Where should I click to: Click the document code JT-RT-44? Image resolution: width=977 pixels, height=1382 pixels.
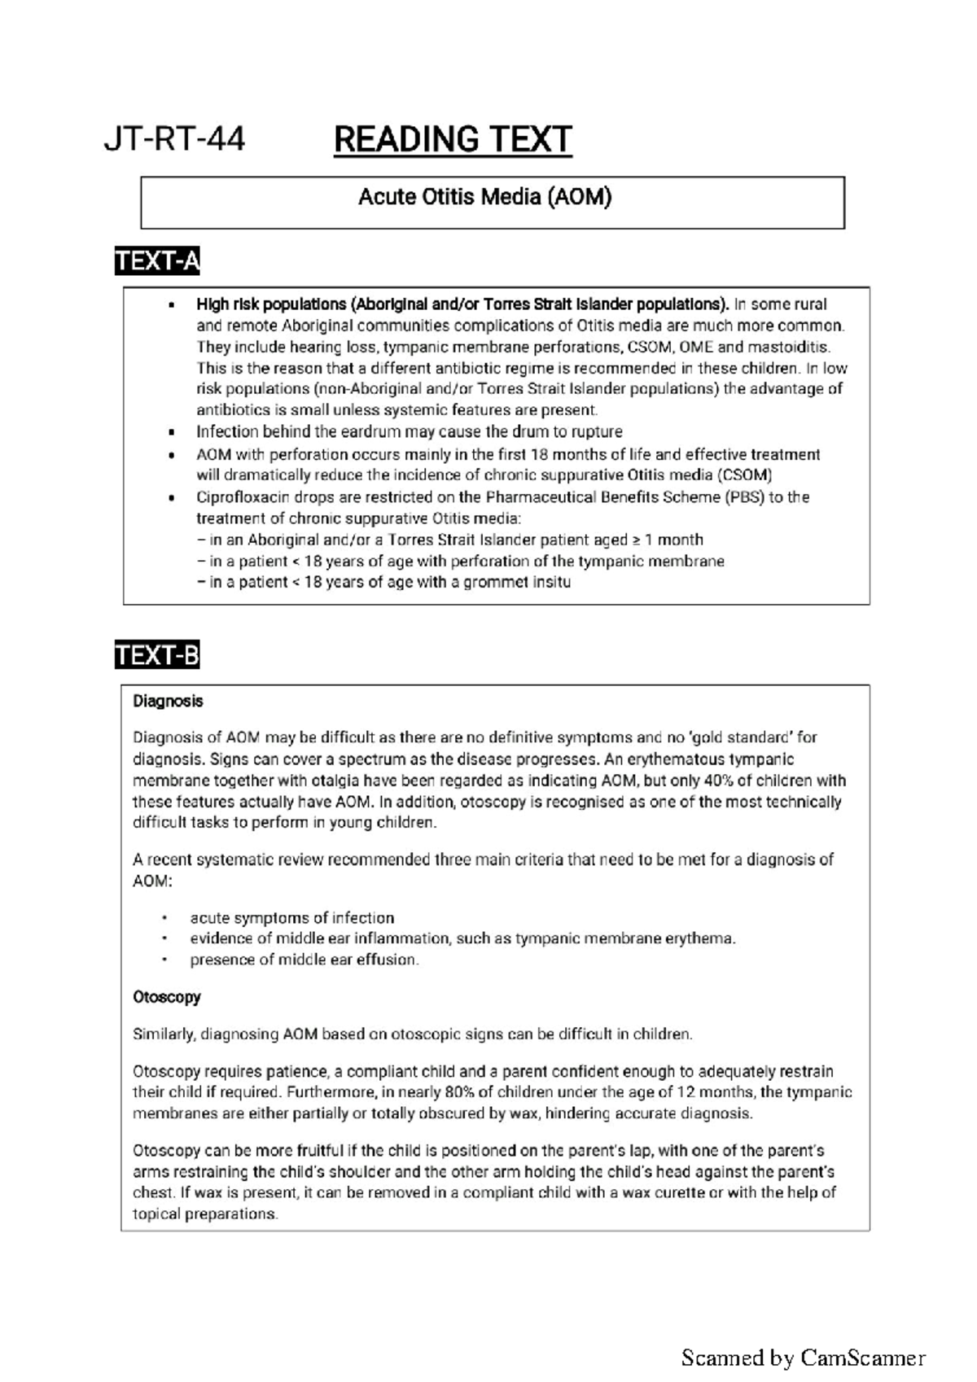[174, 140]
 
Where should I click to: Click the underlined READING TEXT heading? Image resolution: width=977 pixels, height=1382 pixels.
[453, 140]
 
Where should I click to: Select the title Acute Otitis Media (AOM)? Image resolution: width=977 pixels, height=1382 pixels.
[485, 197]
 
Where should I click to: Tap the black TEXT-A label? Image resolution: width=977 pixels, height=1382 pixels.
[157, 261]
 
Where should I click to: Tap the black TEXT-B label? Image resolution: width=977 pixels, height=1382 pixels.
[157, 655]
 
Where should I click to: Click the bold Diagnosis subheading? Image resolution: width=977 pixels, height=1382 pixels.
[168, 701]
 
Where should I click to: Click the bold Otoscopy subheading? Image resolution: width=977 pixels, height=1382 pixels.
[166, 997]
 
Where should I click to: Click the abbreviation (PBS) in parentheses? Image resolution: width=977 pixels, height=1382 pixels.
[744, 497]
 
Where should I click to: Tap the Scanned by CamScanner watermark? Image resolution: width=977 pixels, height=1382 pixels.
[803, 1358]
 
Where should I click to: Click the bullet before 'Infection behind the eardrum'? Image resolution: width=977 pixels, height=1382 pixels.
[171, 433]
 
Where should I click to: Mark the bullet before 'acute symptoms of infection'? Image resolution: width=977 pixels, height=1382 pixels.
[164, 918]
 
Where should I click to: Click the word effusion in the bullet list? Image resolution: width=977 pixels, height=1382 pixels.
[389, 960]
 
